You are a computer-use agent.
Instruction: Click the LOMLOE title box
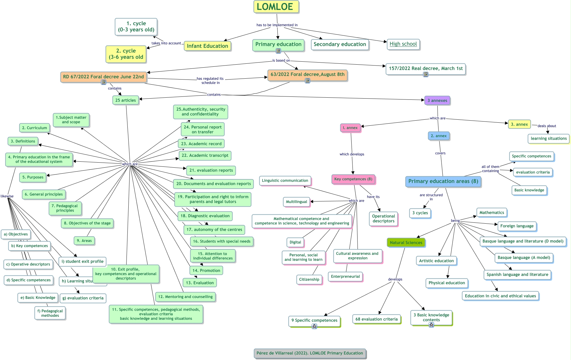[276, 7]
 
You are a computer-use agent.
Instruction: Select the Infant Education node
[207, 46]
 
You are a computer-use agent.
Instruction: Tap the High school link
[403, 44]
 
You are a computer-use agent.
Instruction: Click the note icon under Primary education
[278, 51]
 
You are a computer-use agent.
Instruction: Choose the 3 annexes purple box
[437, 101]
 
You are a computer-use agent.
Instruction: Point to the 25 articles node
[125, 100]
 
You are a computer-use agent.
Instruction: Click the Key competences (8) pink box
[353, 179]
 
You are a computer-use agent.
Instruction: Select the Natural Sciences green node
[406, 243]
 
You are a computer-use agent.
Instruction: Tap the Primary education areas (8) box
[443, 181]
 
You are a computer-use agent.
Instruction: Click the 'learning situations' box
[548, 138]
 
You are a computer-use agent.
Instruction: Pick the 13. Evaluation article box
[199, 283]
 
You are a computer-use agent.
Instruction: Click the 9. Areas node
[84, 241]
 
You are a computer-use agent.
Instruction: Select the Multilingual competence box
[296, 202]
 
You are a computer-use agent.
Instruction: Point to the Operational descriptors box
[383, 219]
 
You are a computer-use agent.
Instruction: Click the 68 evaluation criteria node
[376, 319]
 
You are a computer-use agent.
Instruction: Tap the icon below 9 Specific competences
[314, 326]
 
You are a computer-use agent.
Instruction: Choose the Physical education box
[447, 283]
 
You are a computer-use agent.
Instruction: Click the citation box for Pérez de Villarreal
[310, 353]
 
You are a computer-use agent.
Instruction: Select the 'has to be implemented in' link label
[277, 25]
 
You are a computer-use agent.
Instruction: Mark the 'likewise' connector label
[7, 196]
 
